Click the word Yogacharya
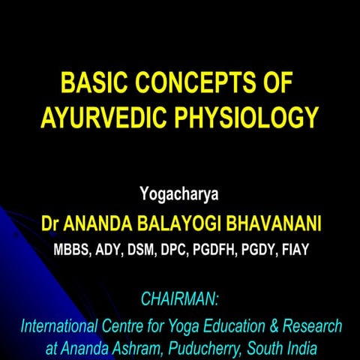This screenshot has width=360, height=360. pyautogui.click(x=179, y=196)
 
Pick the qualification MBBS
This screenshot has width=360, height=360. pyautogui.click(x=69, y=249)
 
